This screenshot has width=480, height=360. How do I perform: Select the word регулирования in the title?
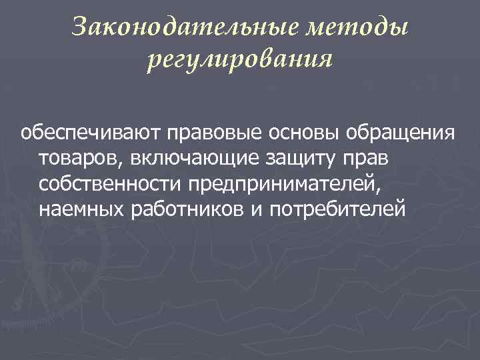239,60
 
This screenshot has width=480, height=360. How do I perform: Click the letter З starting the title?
79,27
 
